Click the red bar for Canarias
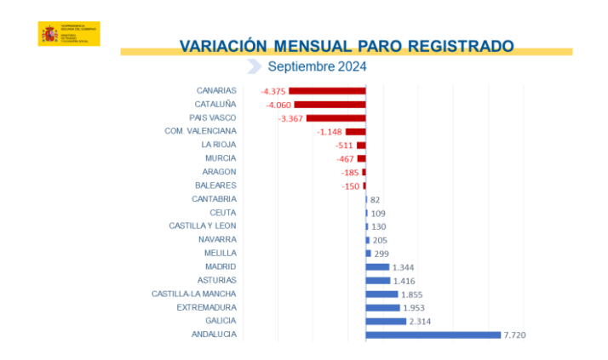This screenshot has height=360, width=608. (x=327, y=90)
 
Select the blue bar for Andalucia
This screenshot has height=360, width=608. (x=433, y=334)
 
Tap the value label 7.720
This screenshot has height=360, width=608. (x=515, y=334)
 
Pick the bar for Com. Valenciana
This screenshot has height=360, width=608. (x=355, y=131)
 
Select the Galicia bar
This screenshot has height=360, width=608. (x=386, y=321)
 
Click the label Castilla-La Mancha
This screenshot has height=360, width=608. (x=194, y=294)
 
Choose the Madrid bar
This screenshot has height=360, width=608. (x=377, y=266)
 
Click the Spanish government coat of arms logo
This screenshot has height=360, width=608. (x=49, y=34)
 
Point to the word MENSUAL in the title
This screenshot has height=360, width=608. (x=313, y=45)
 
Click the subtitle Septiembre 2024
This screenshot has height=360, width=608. (x=317, y=67)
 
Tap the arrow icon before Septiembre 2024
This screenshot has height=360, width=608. (x=253, y=67)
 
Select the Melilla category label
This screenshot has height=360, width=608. (x=220, y=253)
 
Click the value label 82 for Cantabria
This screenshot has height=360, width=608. (x=375, y=199)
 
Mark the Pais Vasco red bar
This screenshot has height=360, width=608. (x=336, y=117)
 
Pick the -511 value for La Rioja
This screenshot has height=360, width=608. (x=344, y=145)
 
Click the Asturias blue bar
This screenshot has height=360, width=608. (x=378, y=280)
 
